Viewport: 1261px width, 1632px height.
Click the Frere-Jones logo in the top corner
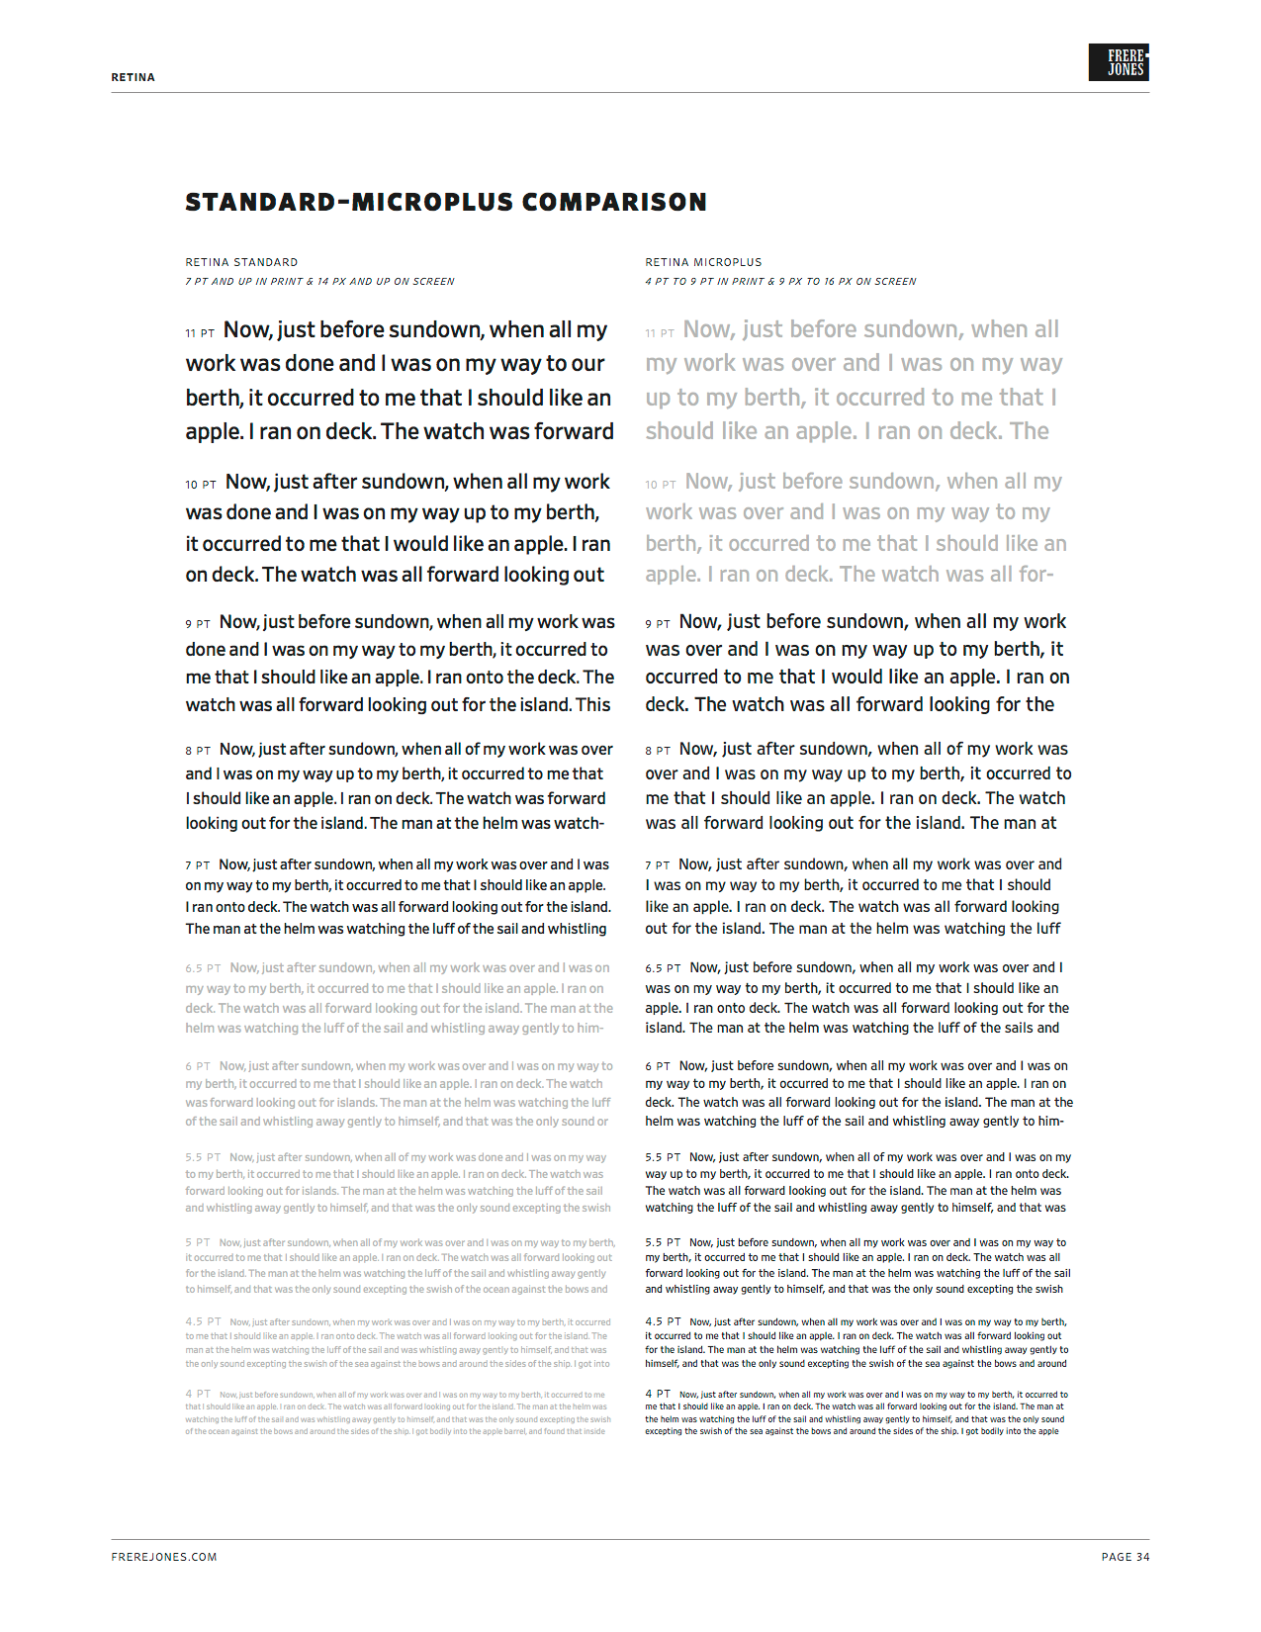[x=1118, y=62]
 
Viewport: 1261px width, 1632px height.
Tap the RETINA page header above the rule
[x=133, y=77]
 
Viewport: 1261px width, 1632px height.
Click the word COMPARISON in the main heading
[x=614, y=203]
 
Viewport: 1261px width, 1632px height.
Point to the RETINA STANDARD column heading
[x=241, y=262]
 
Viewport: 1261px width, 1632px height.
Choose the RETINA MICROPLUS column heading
[x=703, y=262]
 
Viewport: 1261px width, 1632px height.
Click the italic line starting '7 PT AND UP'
[x=319, y=282]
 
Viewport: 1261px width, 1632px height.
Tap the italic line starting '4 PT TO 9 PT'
[x=780, y=282]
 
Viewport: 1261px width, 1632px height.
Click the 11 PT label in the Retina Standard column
[x=200, y=333]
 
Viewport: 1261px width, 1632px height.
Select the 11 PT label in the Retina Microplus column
[x=660, y=333]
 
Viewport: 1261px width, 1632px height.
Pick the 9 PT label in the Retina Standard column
[x=198, y=624]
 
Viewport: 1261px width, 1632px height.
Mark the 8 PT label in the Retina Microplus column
[x=658, y=751]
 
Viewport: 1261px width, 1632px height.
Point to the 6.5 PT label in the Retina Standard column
[x=203, y=968]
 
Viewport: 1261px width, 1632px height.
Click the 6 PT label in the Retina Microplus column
[x=658, y=1066]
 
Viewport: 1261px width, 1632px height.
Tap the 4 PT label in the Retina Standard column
[x=197, y=1394]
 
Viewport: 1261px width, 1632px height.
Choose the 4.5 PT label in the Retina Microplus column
[x=663, y=1321]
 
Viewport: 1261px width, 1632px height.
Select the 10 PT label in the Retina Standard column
[x=200, y=485]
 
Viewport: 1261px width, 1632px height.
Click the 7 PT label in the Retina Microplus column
[x=658, y=865]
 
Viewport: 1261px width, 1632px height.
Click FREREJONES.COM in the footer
[x=163, y=1557]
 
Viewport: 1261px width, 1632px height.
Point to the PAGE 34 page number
[x=1126, y=1557]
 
